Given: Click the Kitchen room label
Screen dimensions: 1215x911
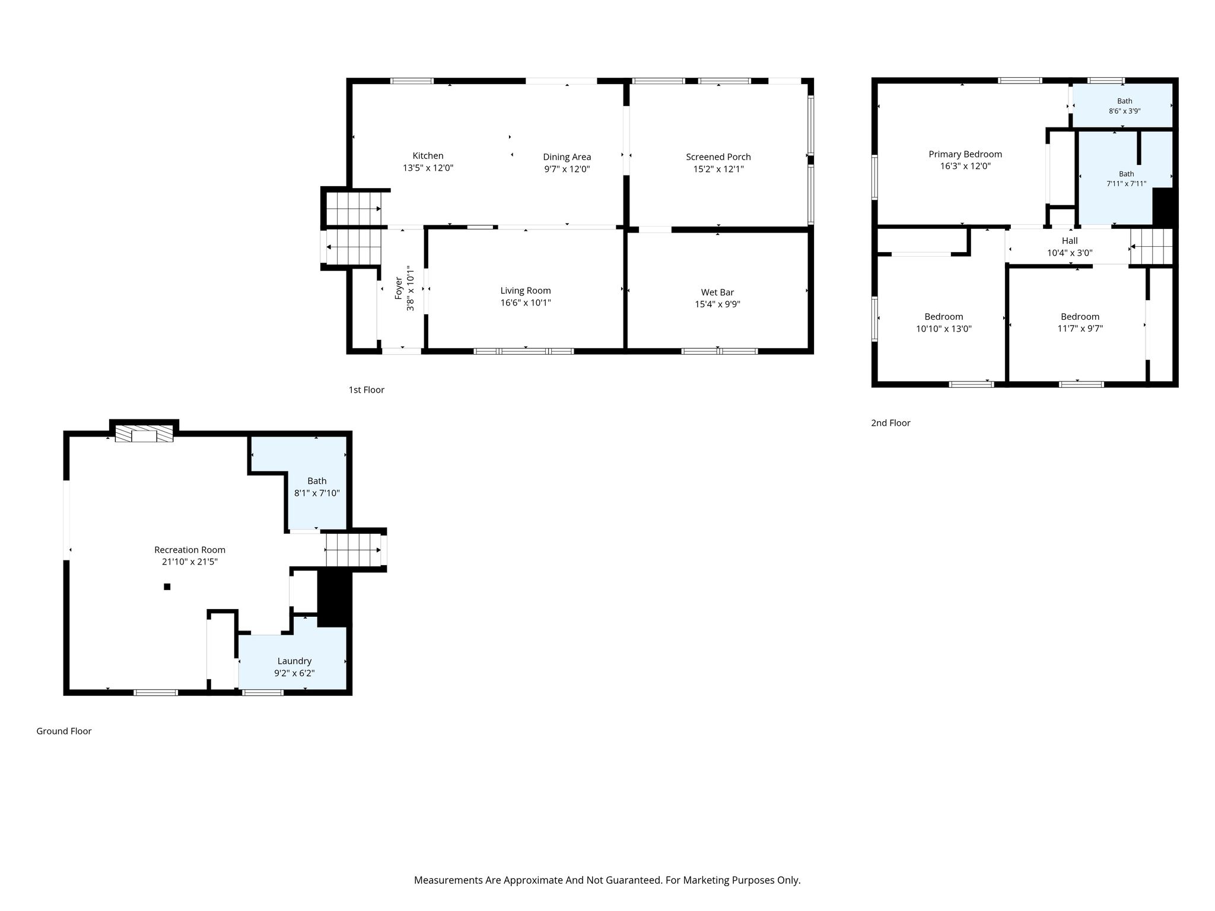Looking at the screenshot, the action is click(x=428, y=156).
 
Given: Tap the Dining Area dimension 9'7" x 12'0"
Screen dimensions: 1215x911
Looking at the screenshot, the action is click(x=567, y=169).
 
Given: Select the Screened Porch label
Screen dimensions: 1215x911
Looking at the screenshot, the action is click(x=718, y=157).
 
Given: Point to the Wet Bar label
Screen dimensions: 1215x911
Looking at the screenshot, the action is click(x=717, y=292).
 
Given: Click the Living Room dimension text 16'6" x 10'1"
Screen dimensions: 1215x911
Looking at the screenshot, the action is click(x=526, y=303).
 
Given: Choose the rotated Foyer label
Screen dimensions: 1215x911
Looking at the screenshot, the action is click(x=399, y=288).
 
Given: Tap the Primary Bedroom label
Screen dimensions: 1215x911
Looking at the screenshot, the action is click(x=965, y=154).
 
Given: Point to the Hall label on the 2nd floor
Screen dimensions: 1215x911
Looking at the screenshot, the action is click(x=1070, y=241).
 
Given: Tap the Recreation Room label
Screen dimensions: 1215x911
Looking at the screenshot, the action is click(x=190, y=550).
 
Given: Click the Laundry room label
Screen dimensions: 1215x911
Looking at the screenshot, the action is click(x=294, y=661).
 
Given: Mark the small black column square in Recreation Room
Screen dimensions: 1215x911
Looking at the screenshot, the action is click(x=167, y=587).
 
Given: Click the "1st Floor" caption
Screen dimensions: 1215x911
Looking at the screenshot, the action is click(x=367, y=390).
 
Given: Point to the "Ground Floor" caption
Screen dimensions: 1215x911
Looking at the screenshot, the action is click(x=64, y=731).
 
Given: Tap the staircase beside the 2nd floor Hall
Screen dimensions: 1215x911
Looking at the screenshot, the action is click(x=1152, y=247).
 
